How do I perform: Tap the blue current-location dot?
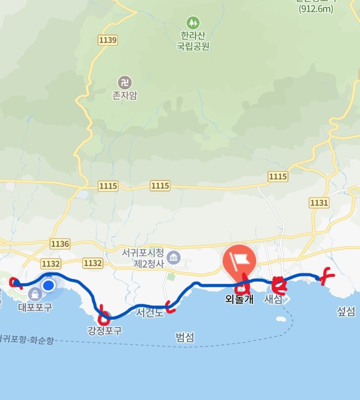(48, 285)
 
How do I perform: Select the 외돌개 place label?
(239, 299)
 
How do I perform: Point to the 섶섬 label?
(346, 312)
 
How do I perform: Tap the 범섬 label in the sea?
(185, 337)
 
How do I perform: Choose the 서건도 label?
(149, 313)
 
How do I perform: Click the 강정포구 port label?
(104, 330)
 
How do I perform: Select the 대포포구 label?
(34, 307)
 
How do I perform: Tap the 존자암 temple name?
(125, 95)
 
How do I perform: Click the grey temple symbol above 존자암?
(125, 82)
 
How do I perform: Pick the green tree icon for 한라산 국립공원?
(193, 23)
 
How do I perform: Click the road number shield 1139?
(108, 40)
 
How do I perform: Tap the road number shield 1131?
(319, 202)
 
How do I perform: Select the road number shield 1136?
(60, 243)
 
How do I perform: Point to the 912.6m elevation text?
(316, 9)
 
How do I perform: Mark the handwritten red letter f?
(327, 275)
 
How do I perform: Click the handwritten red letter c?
(171, 306)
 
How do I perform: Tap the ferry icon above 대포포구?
(34, 294)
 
